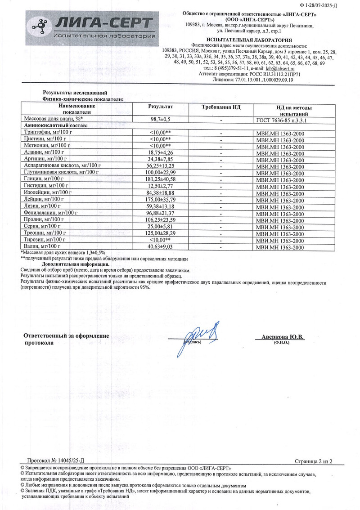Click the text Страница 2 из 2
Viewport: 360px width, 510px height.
(x=313, y=461)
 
